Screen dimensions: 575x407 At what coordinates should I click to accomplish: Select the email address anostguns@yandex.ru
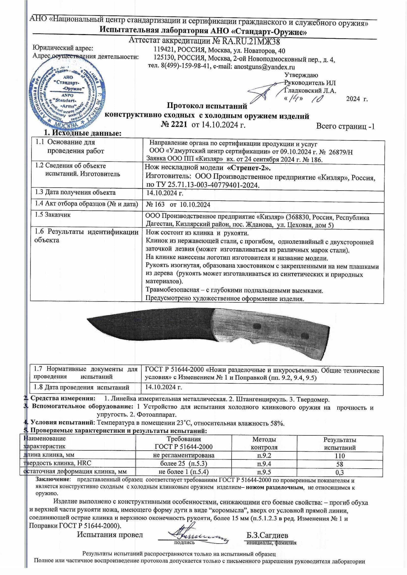(x=264, y=67)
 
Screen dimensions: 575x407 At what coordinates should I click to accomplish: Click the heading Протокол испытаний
(x=207, y=106)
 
